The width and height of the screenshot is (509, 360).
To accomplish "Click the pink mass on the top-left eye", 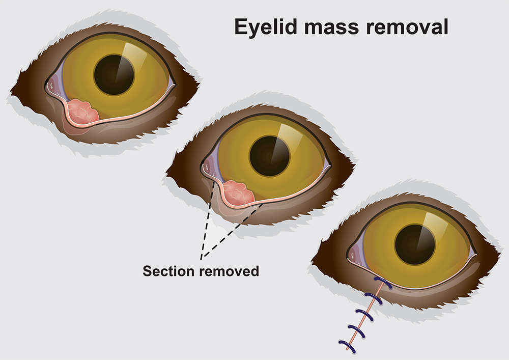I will coord(82,112).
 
